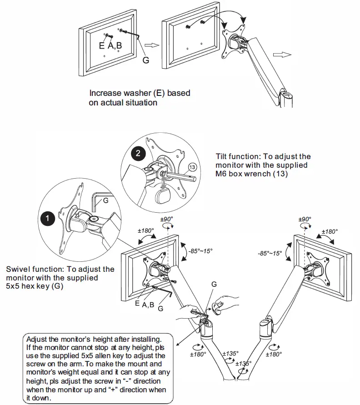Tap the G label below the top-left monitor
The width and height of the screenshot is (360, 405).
point(145,59)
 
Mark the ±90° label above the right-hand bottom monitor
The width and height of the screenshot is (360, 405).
point(305,219)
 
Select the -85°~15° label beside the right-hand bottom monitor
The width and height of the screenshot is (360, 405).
point(270,253)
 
